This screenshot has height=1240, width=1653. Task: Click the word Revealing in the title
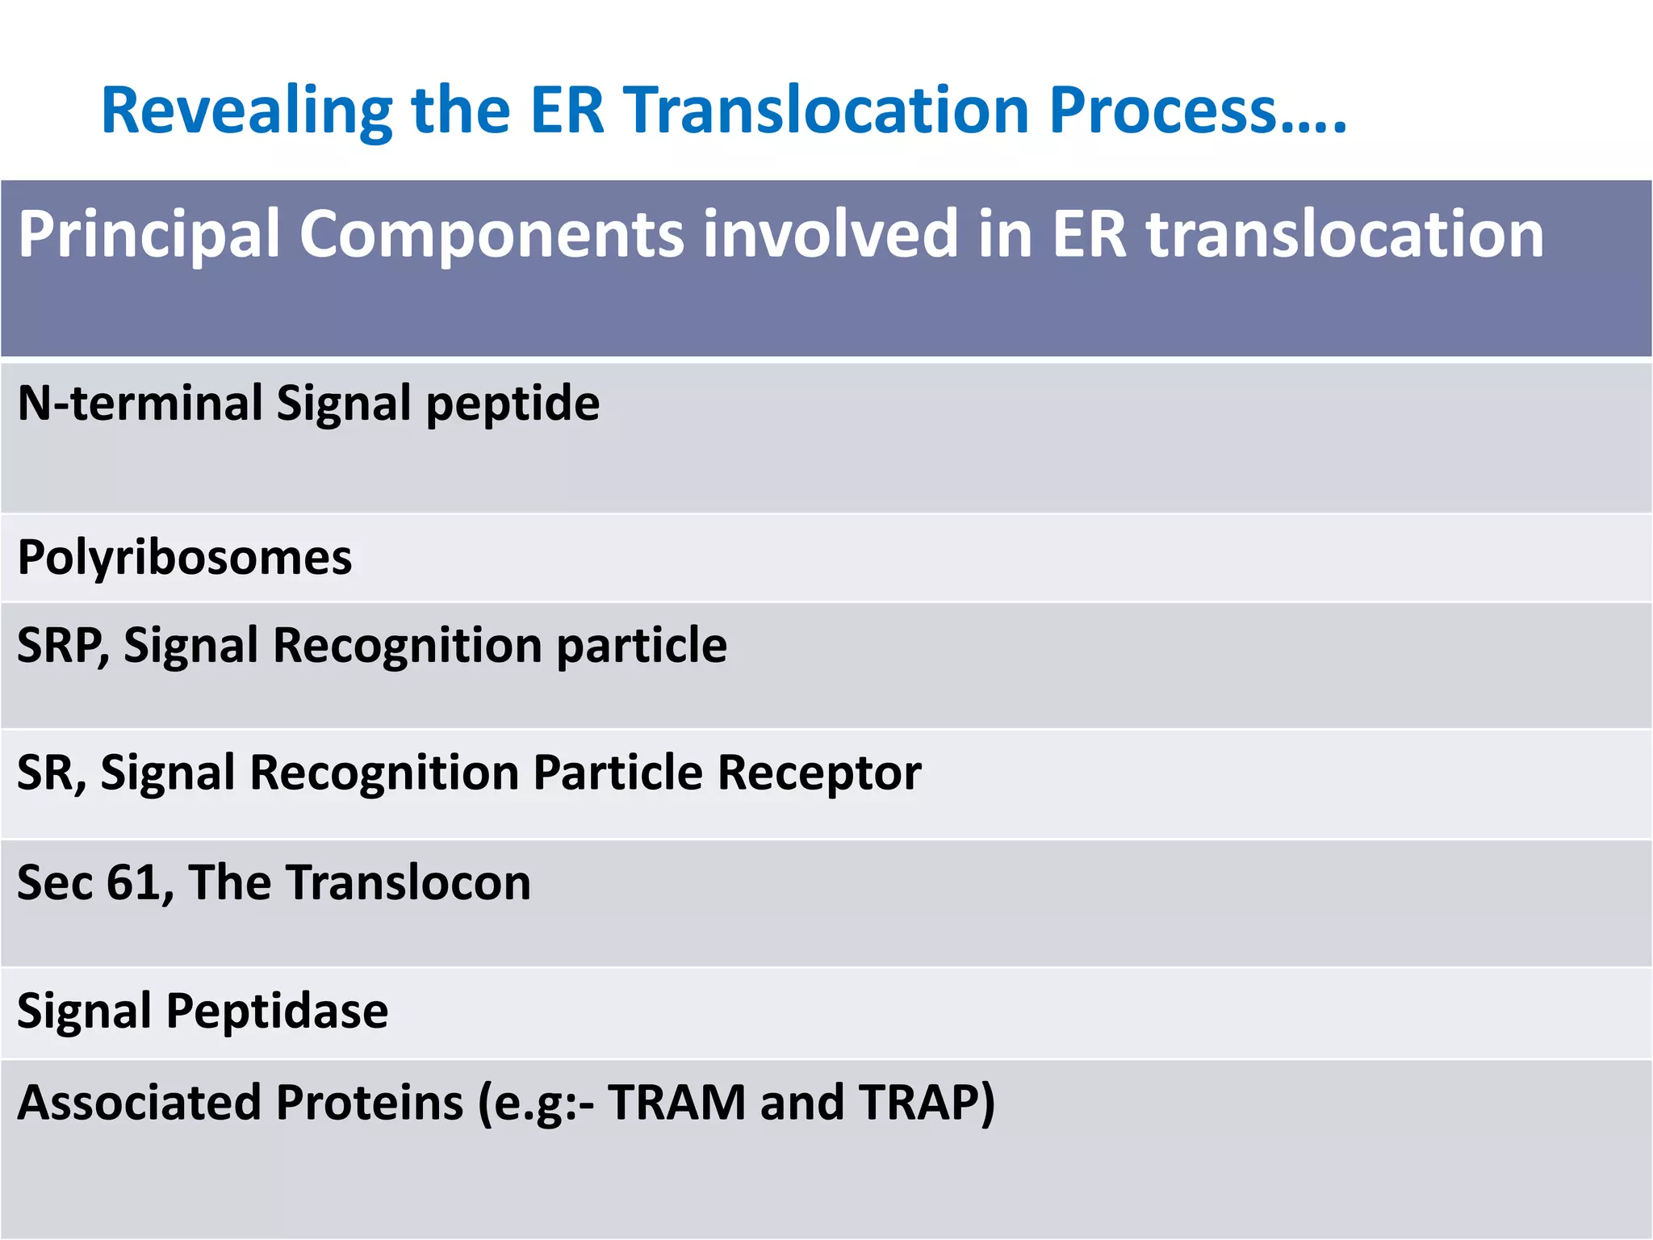(x=246, y=111)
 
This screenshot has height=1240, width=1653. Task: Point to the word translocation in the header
(x=1345, y=234)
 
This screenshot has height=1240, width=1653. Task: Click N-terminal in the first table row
(x=140, y=403)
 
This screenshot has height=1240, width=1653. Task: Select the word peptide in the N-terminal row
(x=513, y=404)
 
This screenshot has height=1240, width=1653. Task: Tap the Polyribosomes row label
(x=185, y=558)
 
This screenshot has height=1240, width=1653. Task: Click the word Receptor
(x=818, y=773)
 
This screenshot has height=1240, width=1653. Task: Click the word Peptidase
(x=277, y=1011)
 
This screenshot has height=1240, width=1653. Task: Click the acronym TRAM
(x=676, y=1103)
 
